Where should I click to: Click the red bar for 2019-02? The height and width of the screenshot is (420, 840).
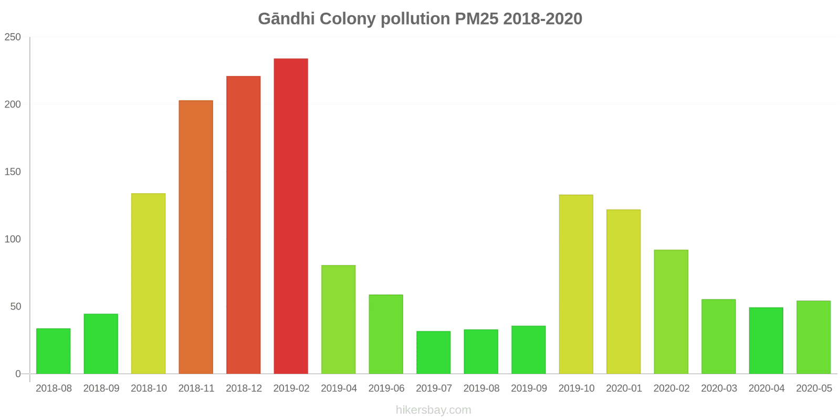(291, 216)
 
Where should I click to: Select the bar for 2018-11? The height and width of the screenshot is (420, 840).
(196, 237)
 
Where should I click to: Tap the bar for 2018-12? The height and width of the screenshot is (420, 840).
(243, 225)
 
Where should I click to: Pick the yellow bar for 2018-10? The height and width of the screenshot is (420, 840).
(148, 283)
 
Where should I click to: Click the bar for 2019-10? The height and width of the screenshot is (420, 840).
(576, 284)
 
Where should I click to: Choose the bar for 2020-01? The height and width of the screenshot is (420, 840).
(623, 291)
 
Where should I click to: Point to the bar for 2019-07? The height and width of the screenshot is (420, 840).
(433, 352)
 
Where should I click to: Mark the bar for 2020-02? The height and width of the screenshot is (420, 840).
(671, 312)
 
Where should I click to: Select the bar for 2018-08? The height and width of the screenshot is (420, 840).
(53, 351)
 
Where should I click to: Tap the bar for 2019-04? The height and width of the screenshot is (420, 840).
(338, 319)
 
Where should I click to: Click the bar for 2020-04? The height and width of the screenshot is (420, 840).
(766, 341)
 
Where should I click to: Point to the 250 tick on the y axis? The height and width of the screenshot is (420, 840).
(13, 37)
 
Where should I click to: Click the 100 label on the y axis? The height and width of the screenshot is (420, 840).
(13, 239)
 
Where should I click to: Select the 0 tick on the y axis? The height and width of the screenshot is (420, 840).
(18, 374)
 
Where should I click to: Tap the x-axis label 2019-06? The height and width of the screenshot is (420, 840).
(386, 388)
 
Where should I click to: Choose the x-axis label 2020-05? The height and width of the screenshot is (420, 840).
(814, 388)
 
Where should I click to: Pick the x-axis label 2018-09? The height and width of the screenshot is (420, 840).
(101, 388)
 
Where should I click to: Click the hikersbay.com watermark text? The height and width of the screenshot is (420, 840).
(433, 410)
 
